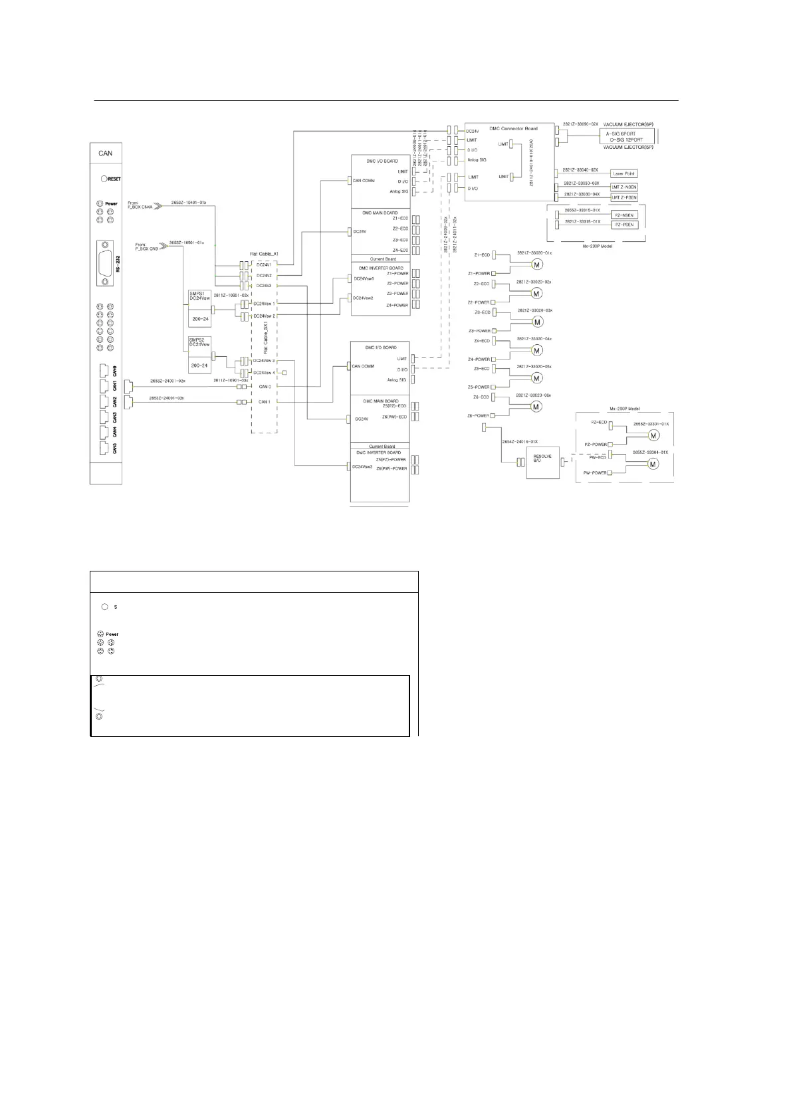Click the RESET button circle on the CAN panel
click(104, 179)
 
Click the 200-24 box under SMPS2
click(199, 365)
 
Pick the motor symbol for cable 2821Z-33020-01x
click(537, 264)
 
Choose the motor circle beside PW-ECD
click(653, 464)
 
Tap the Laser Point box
click(624, 173)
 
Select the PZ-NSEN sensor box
click(623, 215)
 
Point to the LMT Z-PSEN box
click(623, 197)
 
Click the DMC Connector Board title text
click(510, 128)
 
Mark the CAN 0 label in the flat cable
click(265, 386)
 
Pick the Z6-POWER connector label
click(478, 416)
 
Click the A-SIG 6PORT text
click(620, 134)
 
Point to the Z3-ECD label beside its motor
click(482, 312)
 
